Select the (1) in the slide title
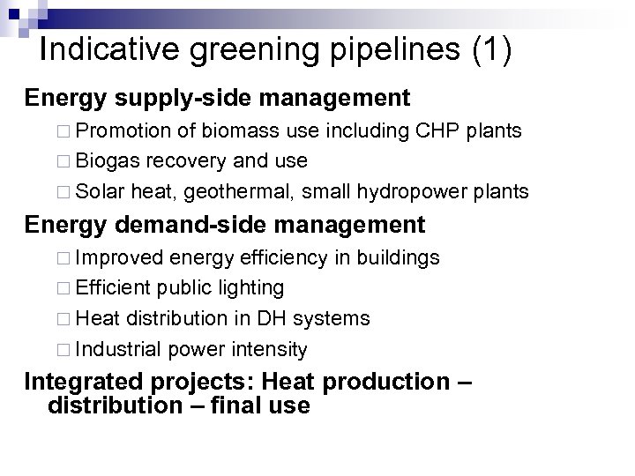click(x=491, y=50)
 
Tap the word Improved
click(x=120, y=259)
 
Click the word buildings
click(x=396, y=259)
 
